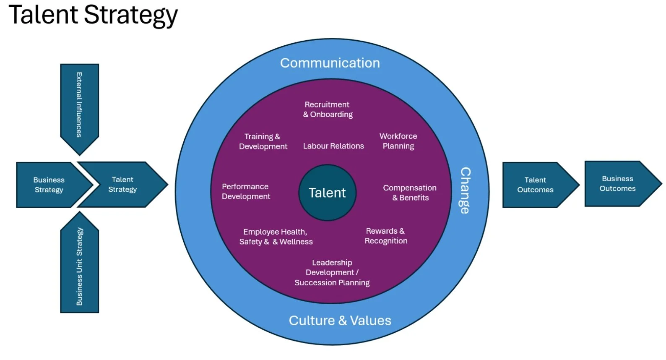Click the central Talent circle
tap(327, 193)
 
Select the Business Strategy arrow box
tap(49, 185)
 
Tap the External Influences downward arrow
tap(79, 105)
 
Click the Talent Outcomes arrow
tap(536, 185)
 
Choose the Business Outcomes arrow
tap(618, 184)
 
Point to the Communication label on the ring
tap(330, 63)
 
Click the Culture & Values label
tap(340, 321)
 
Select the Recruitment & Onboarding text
tap(328, 110)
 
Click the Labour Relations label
tap(333, 146)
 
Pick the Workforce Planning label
tap(398, 141)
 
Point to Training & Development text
tap(263, 141)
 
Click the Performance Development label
tap(246, 191)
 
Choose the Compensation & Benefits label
tap(410, 193)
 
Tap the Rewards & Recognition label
tap(386, 236)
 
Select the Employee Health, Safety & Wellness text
tap(276, 237)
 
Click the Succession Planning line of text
tap(332, 283)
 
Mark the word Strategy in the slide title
tap(131, 15)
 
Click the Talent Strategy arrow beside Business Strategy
tap(122, 185)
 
